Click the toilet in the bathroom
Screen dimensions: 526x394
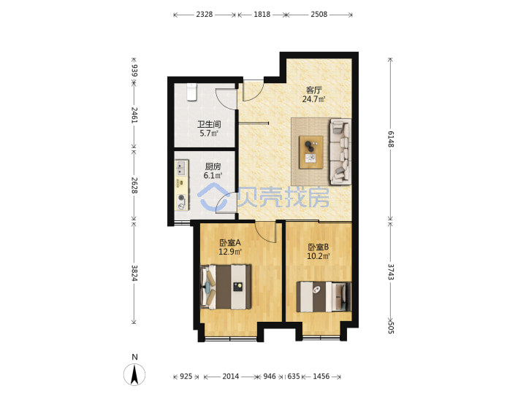[191, 92]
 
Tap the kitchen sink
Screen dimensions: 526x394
[181, 169]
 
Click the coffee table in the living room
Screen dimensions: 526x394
[311, 152]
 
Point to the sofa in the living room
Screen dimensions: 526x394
[340, 152]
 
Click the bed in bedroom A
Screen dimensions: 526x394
[226, 287]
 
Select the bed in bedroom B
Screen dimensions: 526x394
[324, 297]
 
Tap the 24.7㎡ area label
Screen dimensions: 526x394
[313, 99]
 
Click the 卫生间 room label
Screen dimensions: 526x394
[209, 124]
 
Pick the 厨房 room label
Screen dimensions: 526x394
[213, 166]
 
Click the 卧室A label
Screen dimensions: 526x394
[230, 242]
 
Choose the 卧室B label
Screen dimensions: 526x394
[319, 247]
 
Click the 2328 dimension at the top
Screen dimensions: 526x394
[205, 15]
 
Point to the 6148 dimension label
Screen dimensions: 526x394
[391, 139]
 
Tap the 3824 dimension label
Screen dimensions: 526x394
[134, 273]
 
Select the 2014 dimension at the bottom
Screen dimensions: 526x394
[231, 376]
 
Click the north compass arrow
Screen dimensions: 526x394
[134, 374]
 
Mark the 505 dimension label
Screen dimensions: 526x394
[391, 328]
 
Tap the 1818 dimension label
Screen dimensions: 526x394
[262, 15]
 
